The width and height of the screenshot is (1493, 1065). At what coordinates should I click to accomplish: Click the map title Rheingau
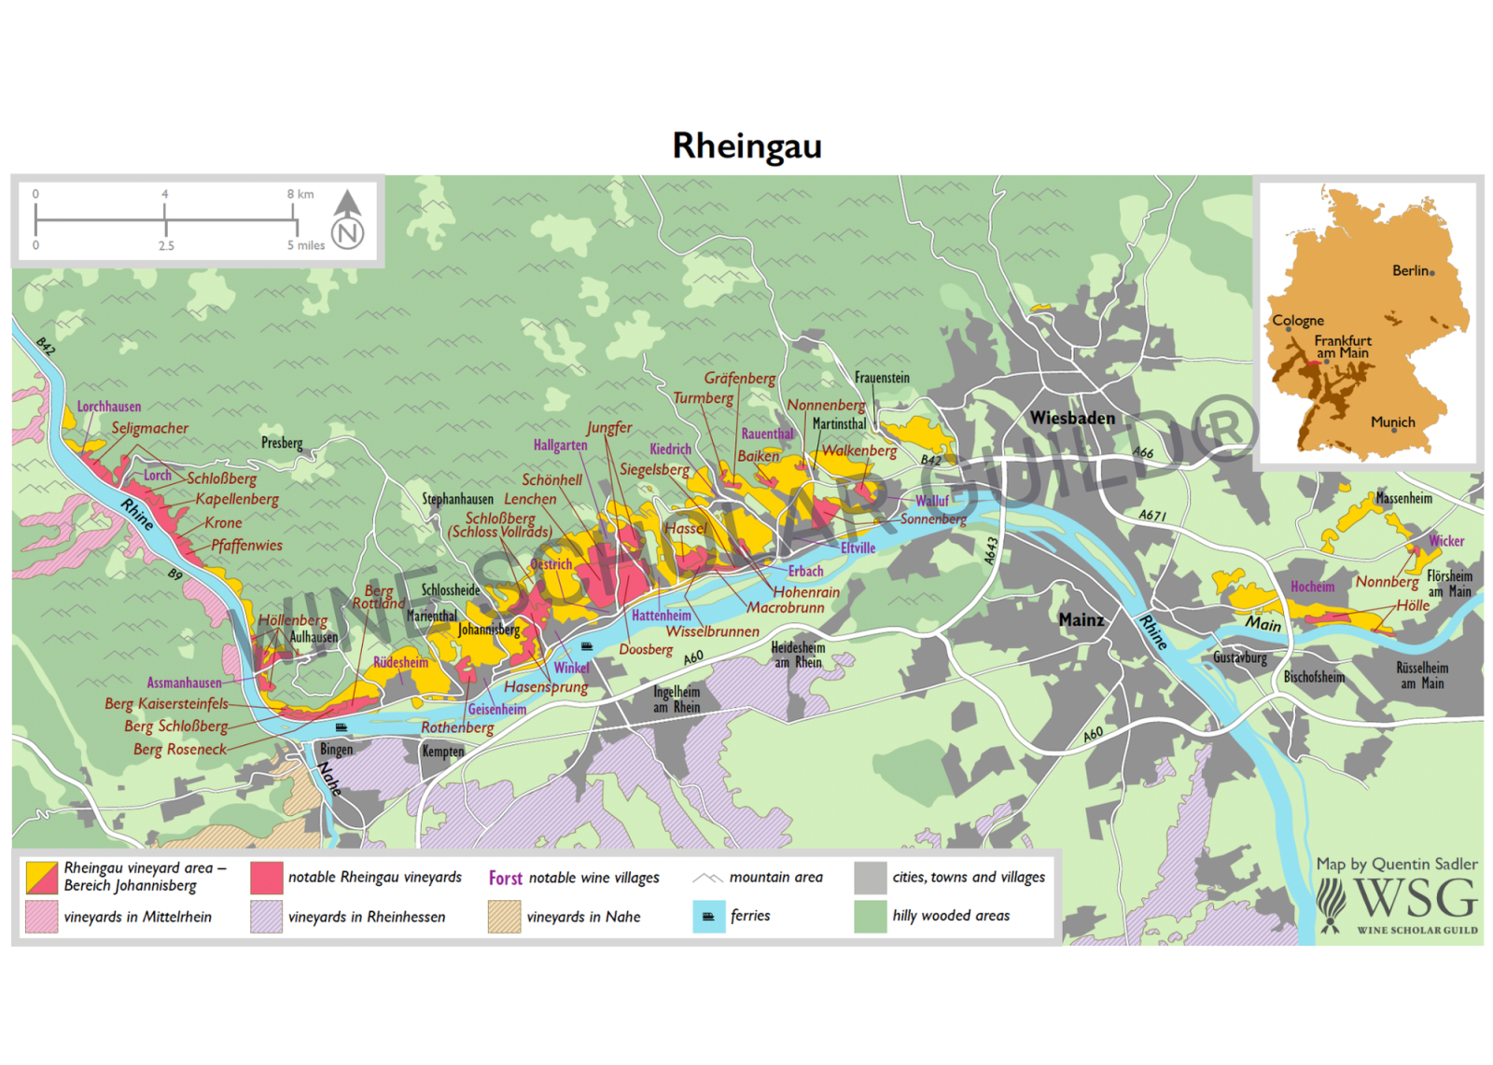(746, 146)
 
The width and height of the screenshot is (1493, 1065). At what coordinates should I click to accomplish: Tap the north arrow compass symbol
(348, 220)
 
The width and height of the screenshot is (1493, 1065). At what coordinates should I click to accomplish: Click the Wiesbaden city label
(1072, 419)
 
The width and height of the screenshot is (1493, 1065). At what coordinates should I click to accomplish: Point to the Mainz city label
(1081, 620)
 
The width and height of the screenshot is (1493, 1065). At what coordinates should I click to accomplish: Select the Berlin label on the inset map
(1411, 271)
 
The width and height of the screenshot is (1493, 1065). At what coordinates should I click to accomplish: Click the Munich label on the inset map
(1392, 422)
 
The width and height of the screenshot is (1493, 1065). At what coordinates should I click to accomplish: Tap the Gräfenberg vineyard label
(739, 379)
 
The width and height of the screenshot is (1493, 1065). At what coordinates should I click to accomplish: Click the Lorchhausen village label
(109, 407)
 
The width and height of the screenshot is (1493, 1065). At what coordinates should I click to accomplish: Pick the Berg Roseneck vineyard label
(179, 750)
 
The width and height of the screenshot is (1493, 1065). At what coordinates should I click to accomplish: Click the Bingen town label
(336, 750)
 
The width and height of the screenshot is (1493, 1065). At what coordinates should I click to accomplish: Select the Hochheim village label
(1312, 588)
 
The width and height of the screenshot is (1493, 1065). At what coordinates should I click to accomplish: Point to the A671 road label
(1152, 516)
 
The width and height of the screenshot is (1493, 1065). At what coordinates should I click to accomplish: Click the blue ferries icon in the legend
(708, 917)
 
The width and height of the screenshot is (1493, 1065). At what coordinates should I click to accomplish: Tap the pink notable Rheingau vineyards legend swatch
(267, 878)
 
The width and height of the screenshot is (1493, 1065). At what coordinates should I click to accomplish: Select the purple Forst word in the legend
(505, 878)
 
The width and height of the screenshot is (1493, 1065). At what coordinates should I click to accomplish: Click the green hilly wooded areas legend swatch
(870, 917)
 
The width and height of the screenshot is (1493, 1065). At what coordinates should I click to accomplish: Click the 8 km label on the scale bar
(300, 195)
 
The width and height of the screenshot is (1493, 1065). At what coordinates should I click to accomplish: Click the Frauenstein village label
(882, 378)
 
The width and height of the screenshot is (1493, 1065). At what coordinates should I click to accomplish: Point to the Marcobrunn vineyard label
(786, 608)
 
